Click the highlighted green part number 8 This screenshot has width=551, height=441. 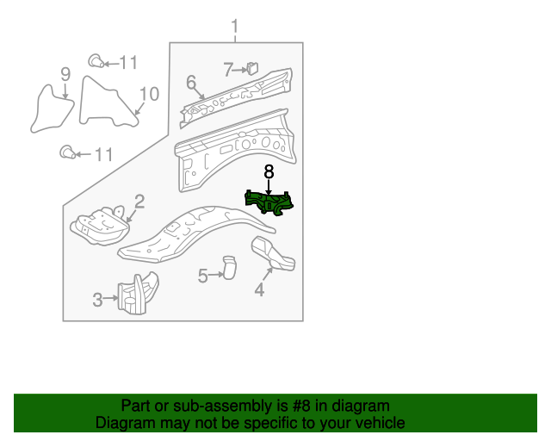pos(269,203)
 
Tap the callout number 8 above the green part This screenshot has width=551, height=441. pos(269,172)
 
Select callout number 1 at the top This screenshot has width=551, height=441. pos(235,27)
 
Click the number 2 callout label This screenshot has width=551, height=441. pos(139,202)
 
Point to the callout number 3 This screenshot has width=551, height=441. pos(97,300)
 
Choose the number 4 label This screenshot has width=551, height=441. pos(259,289)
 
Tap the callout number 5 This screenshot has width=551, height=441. pos(203,276)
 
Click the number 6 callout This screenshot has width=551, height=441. pos(191,82)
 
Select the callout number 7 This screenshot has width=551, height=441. pos(228,69)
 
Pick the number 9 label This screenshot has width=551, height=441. pos(65,74)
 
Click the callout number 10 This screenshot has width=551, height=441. pos(149,94)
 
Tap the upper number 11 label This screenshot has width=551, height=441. pos(128,63)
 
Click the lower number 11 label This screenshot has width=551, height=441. pos(104,154)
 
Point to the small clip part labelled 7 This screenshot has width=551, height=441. pos(252,68)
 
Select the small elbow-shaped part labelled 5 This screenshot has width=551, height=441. pos(229,267)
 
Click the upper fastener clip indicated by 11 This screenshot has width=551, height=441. pos(96,61)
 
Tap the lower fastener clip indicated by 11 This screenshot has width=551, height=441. pos(67,152)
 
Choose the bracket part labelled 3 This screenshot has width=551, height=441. pos(138,293)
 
